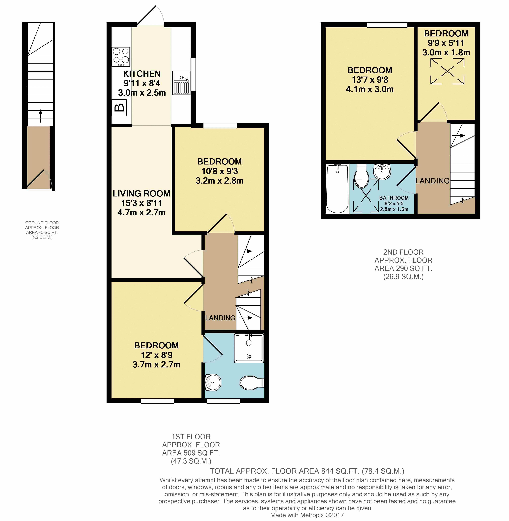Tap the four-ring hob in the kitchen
[x=121, y=56]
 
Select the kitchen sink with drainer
[x=181, y=83]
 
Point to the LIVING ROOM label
[x=141, y=193]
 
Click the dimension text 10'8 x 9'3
[x=220, y=171]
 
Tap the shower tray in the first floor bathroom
[x=249, y=348]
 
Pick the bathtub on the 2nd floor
[x=337, y=189]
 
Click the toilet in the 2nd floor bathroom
[x=361, y=176]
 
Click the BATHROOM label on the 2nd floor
[x=394, y=198]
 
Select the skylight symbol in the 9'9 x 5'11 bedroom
[x=447, y=71]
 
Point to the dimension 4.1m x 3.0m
[x=370, y=89]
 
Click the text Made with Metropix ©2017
[x=307, y=515]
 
